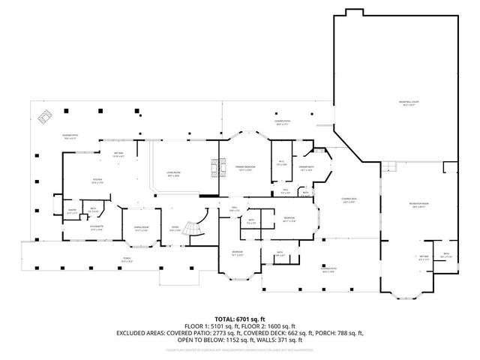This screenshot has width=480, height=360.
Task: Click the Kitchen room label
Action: (x=97, y=181)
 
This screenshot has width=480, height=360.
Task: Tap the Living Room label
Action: (x=173, y=173)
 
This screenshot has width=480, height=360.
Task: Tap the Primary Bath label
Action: (x=306, y=169)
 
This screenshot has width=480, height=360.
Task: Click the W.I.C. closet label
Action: (x=280, y=163)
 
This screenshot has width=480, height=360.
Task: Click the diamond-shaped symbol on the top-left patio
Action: (x=46, y=116)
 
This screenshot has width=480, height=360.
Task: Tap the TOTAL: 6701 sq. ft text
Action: (x=239, y=318)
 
